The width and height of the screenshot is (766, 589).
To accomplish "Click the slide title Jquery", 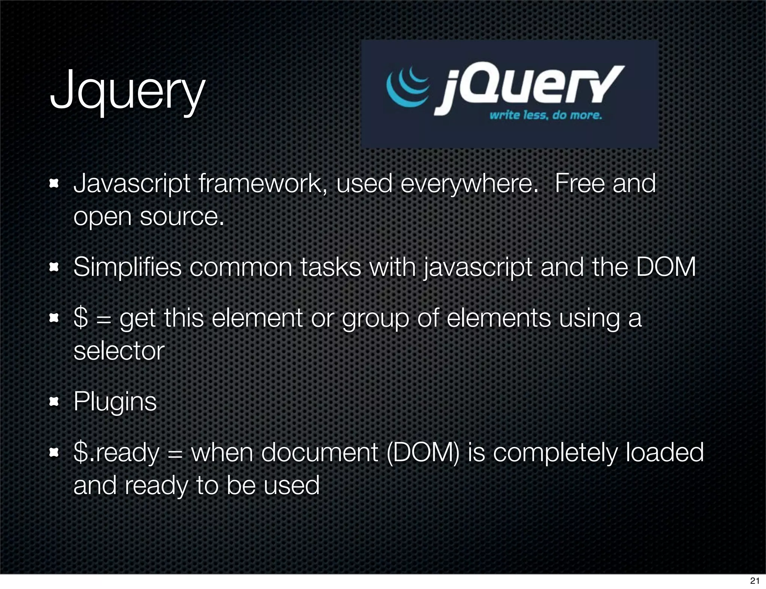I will click(127, 92).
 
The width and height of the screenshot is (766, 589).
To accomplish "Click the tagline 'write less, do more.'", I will click(546, 115).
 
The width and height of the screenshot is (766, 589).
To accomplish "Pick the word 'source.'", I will click(182, 217).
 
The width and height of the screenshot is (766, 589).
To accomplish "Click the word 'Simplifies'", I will click(128, 268).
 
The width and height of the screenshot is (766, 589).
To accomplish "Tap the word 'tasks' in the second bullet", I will click(331, 268).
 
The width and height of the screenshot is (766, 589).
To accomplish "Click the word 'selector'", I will click(119, 351).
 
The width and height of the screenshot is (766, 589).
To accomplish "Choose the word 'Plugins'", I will click(115, 402).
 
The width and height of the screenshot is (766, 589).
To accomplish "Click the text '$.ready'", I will click(117, 453).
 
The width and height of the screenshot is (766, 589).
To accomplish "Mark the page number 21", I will click(755, 581).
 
